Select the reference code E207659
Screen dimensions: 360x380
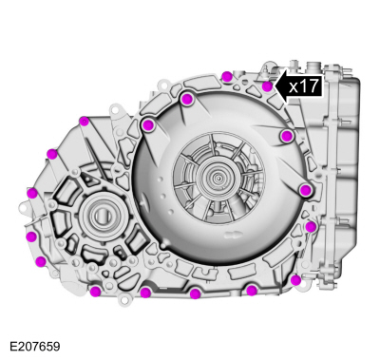pyautogui.click(x=34, y=347)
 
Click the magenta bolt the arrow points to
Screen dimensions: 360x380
pyautogui.click(x=268, y=86)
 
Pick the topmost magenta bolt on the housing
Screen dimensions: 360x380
pyautogui.click(x=226, y=76)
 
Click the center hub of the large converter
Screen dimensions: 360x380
pyautogui.click(x=221, y=177)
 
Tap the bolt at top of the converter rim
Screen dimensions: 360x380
pyautogui.click(x=187, y=99)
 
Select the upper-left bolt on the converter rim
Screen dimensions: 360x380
pyautogui.click(x=148, y=124)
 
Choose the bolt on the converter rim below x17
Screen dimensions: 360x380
pyautogui.click(x=287, y=136)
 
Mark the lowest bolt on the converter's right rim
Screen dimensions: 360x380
pyautogui.click(x=305, y=190)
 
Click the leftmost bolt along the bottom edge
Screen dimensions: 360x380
pyautogui.click(x=95, y=291)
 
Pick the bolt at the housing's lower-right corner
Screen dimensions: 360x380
pyautogui.click(x=295, y=279)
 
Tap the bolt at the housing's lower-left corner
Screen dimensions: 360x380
pyautogui.click(x=40, y=261)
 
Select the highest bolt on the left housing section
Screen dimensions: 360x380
pyautogui.click(x=84, y=121)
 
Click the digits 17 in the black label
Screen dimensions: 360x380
pyautogui.click(x=310, y=85)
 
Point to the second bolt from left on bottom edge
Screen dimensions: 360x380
pyautogui.click(x=144, y=293)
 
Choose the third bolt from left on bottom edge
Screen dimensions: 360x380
pyautogui.click(x=195, y=294)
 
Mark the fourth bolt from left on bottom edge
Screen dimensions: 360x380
pyautogui.click(x=251, y=291)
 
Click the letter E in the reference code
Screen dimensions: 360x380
pyautogui.click(x=12, y=347)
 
